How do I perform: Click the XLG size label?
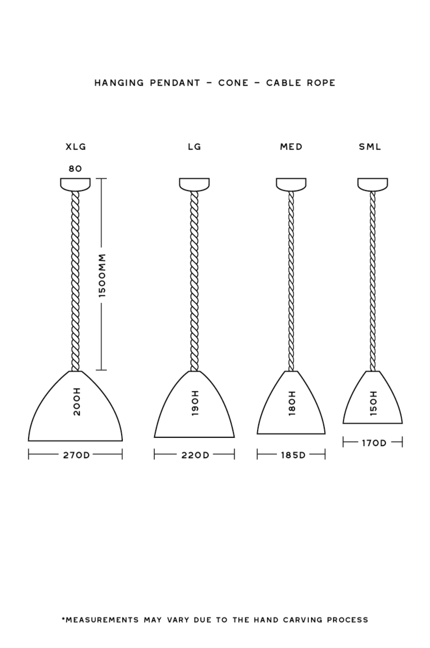pyautogui.click(x=76, y=147)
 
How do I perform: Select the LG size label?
pyautogui.click(x=194, y=147)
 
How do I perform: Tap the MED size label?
pyautogui.click(x=291, y=147)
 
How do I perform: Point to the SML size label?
pyautogui.click(x=370, y=147)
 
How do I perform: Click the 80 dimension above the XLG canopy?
pyautogui.click(x=75, y=169)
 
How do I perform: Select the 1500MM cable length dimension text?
pyautogui.click(x=102, y=275)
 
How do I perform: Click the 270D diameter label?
pyautogui.click(x=76, y=455)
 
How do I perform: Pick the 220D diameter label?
pyautogui.click(x=196, y=455)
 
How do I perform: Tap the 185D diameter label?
pyautogui.click(x=293, y=455)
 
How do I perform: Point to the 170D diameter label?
pyautogui.click(x=374, y=443)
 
